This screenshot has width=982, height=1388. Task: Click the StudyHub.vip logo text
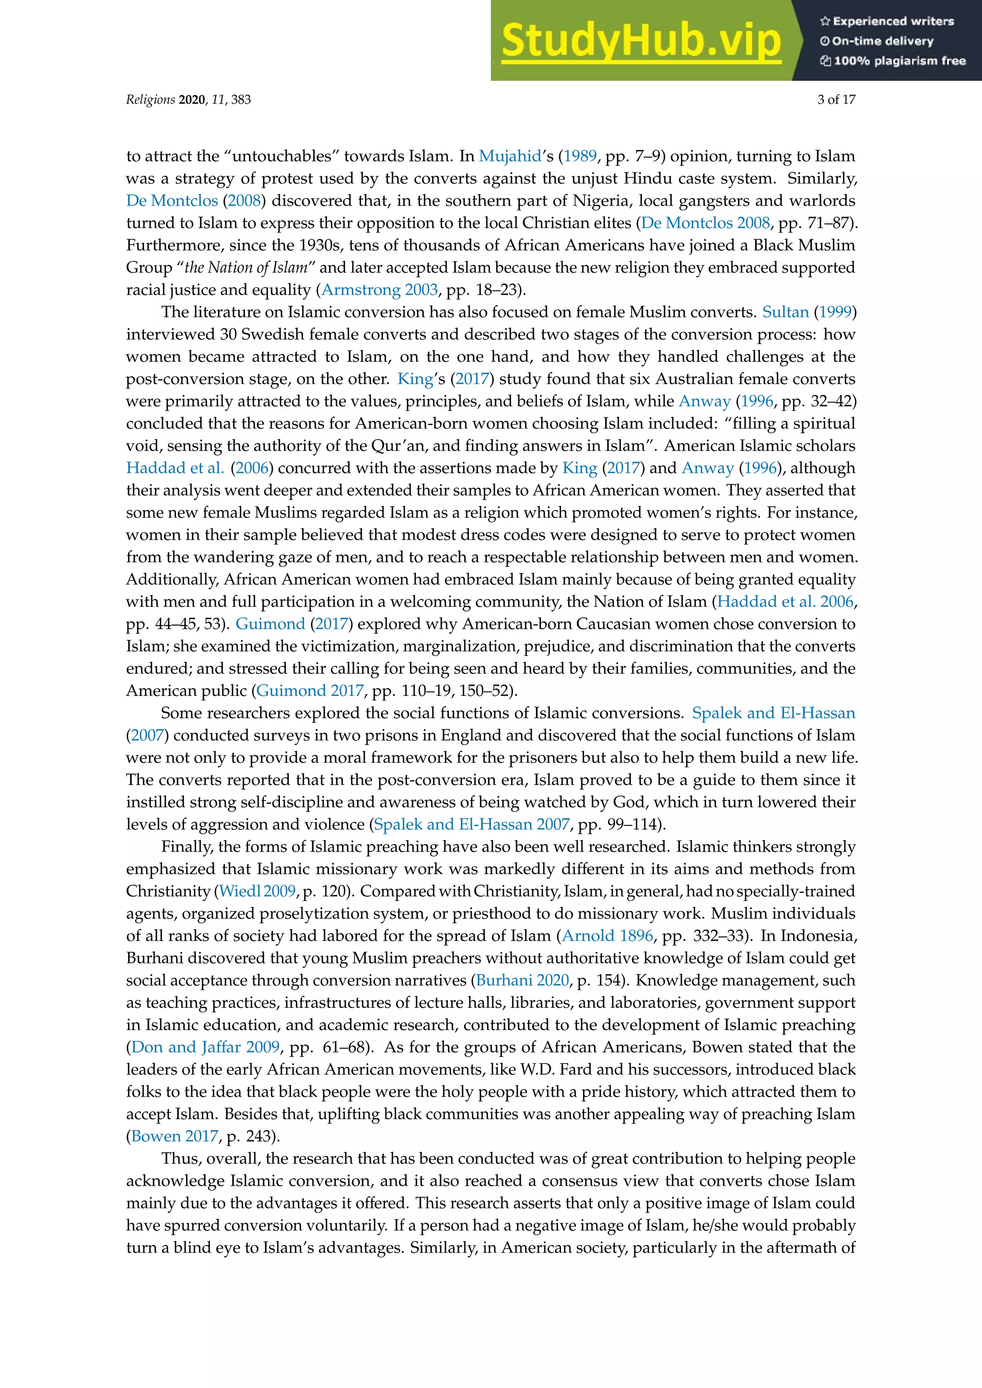tap(641, 41)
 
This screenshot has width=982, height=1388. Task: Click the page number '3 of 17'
tap(836, 100)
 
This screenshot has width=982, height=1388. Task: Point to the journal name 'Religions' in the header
tap(150, 100)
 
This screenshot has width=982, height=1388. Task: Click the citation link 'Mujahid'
tap(510, 156)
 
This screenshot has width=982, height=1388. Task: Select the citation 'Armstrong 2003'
tap(379, 289)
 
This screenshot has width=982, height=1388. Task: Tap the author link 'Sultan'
tap(785, 312)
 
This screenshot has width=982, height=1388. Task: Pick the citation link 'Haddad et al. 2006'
tap(785, 601)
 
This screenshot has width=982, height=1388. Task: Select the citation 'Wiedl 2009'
tap(257, 891)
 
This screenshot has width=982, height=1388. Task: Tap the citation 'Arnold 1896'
tap(607, 936)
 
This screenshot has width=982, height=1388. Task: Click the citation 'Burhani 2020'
tap(523, 980)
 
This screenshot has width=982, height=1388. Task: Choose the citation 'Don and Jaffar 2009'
tap(206, 1047)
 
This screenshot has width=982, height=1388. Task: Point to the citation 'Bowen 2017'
tap(174, 1136)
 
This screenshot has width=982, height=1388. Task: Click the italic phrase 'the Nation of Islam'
tap(245, 267)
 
